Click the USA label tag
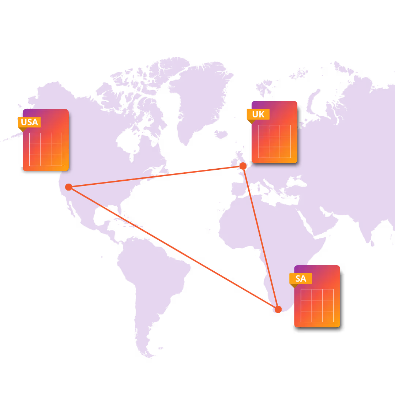point(29,122)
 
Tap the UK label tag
point(258,114)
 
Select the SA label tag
point(301,278)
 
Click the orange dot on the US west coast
point(69,187)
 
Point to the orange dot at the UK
point(243,166)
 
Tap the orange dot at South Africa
point(278,309)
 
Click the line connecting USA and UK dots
point(155,177)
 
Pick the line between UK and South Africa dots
point(260,238)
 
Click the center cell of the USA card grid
point(46,149)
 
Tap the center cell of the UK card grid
point(274,141)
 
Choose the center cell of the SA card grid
point(317,305)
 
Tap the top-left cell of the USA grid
point(35,138)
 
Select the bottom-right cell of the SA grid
point(328,316)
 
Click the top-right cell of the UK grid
point(285,130)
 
